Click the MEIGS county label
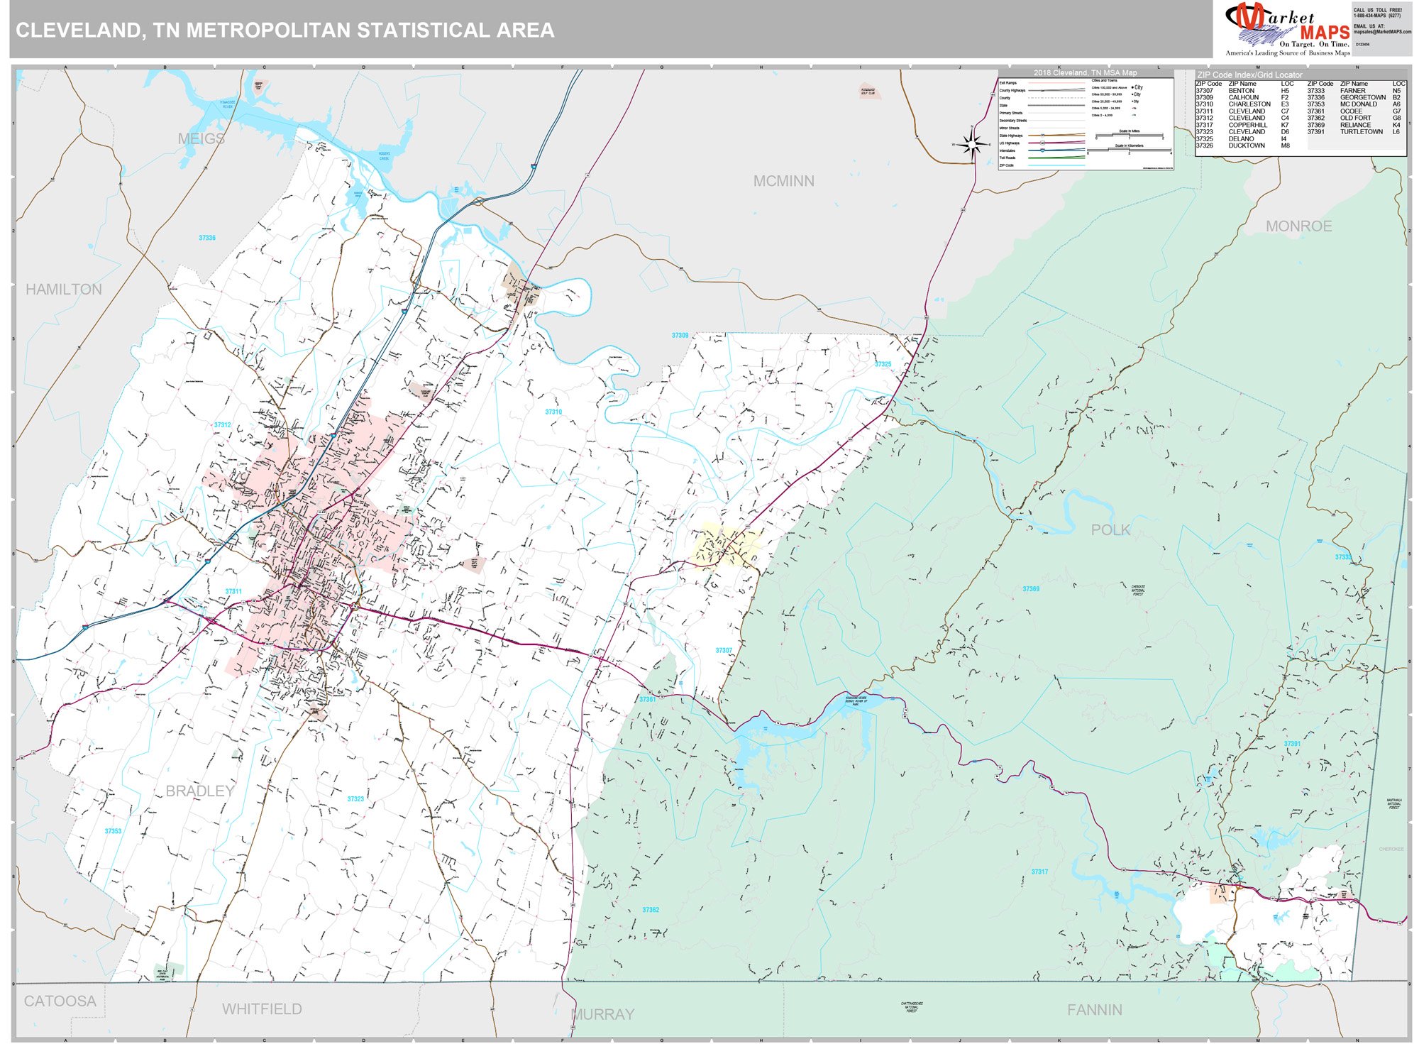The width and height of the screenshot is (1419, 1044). point(201,139)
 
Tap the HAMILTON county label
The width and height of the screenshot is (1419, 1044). point(64,290)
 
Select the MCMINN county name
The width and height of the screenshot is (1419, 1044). point(783,182)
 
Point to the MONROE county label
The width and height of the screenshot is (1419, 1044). point(1298,226)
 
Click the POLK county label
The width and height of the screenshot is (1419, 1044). point(1110,530)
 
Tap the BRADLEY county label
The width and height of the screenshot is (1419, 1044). point(200,791)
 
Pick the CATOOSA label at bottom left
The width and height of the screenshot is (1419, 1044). point(60,1001)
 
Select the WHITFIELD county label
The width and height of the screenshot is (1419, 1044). point(262,1009)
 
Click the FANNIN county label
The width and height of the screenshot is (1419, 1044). point(1094,1010)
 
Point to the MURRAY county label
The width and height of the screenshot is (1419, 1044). point(602,1015)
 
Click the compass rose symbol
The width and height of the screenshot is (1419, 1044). point(971,145)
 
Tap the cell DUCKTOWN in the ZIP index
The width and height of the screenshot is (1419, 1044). point(1247,146)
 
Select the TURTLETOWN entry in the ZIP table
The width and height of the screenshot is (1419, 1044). point(1361,132)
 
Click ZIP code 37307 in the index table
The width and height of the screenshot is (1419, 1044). point(1204,91)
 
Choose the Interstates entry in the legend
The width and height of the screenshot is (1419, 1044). point(1007,150)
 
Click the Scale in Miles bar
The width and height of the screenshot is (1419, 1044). point(1129,136)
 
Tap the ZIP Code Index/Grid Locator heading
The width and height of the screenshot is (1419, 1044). point(1249,75)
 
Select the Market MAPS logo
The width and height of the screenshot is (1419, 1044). point(1287,29)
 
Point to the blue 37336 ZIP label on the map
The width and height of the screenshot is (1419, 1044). point(207,238)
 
